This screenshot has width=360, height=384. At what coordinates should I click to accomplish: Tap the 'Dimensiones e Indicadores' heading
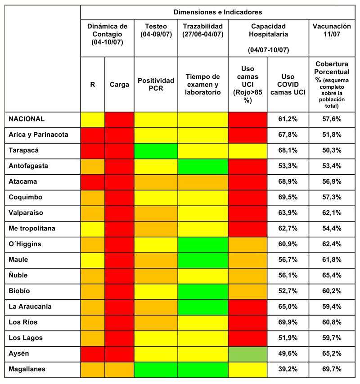[217, 12]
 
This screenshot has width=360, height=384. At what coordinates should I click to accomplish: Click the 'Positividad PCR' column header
[156, 84]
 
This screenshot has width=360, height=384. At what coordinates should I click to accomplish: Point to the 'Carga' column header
[119, 84]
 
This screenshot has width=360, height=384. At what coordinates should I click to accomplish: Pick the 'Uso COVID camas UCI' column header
[288, 84]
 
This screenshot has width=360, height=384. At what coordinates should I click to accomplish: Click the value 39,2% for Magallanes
[288, 369]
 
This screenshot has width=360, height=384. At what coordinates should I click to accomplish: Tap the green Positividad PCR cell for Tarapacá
[156, 150]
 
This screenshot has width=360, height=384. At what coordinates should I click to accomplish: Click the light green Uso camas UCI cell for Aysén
[247, 353]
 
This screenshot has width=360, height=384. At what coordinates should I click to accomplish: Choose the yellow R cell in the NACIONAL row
[93, 119]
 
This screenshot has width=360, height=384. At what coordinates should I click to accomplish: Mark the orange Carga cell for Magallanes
[119, 369]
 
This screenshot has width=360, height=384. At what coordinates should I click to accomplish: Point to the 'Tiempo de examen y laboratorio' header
[203, 84]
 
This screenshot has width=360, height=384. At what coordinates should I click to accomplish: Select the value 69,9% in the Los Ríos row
[288, 322]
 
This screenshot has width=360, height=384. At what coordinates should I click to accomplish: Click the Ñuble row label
[19, 275]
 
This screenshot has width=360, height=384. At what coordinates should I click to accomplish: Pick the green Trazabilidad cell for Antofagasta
[203, 166]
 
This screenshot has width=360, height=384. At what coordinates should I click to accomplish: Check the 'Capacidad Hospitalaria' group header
[268, 30]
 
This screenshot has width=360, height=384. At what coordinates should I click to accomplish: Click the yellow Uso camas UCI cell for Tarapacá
[247, 150]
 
